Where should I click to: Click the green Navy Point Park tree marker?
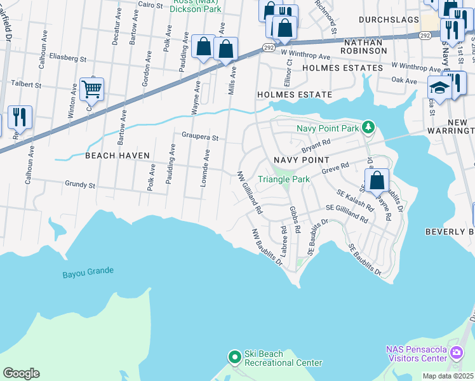tap(368, 128)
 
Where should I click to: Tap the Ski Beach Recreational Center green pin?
tap(234, 358)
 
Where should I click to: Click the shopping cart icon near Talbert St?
tap(92, 89)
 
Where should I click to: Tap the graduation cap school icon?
tap(439, 86)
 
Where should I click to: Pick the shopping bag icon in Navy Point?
tap(377, 179)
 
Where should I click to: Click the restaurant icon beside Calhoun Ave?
tap(20, 117)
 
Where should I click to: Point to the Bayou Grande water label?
tap(88, 271)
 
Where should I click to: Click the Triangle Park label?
tap(283, 179)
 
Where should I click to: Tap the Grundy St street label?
tap(80, 185)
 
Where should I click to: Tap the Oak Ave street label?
tap(404, 81)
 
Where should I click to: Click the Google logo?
tap(21, 373)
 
